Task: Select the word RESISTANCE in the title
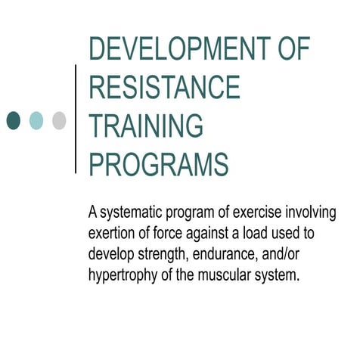pyautogui.click(x=164, y=88)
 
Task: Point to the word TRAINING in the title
pyautogui.click(x=146, y=126)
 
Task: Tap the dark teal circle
pyautogui.click(x=14, y=119)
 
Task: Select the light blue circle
pyautogui.click(x=36, y=119)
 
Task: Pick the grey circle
pyautogui.click(x=59, y=119)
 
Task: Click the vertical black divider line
pyautogui.click(x=76, y=119)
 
